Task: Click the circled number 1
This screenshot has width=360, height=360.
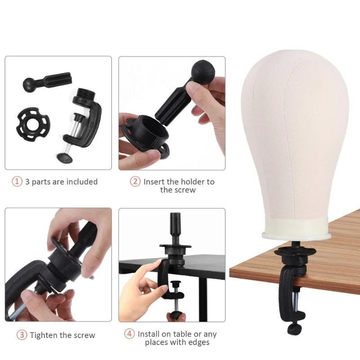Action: click(17, 182)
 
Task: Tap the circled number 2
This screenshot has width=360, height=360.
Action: click(135, 182)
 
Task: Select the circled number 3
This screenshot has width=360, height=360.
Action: click(22, 335)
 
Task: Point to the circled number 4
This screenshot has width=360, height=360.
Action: click(130, 334)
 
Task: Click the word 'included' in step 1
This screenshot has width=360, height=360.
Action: click(82, 182)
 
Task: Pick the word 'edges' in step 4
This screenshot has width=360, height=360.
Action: click(198, 343)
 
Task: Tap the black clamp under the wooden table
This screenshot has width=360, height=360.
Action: click(292, 279)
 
